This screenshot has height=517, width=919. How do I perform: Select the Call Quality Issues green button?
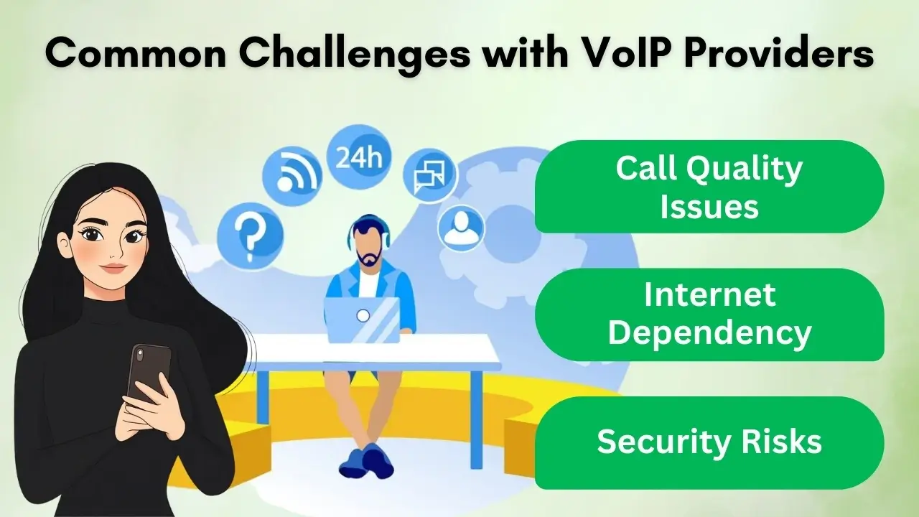tap(709, 187)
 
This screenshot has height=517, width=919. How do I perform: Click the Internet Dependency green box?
tap(709, 315)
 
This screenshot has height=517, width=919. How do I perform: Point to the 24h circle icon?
tap(359, 158)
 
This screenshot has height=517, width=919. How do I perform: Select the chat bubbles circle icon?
tap(429, 177)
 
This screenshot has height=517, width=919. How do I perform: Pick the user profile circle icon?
tap(461, 228)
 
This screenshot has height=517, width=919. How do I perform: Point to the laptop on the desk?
tap(362, 320)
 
